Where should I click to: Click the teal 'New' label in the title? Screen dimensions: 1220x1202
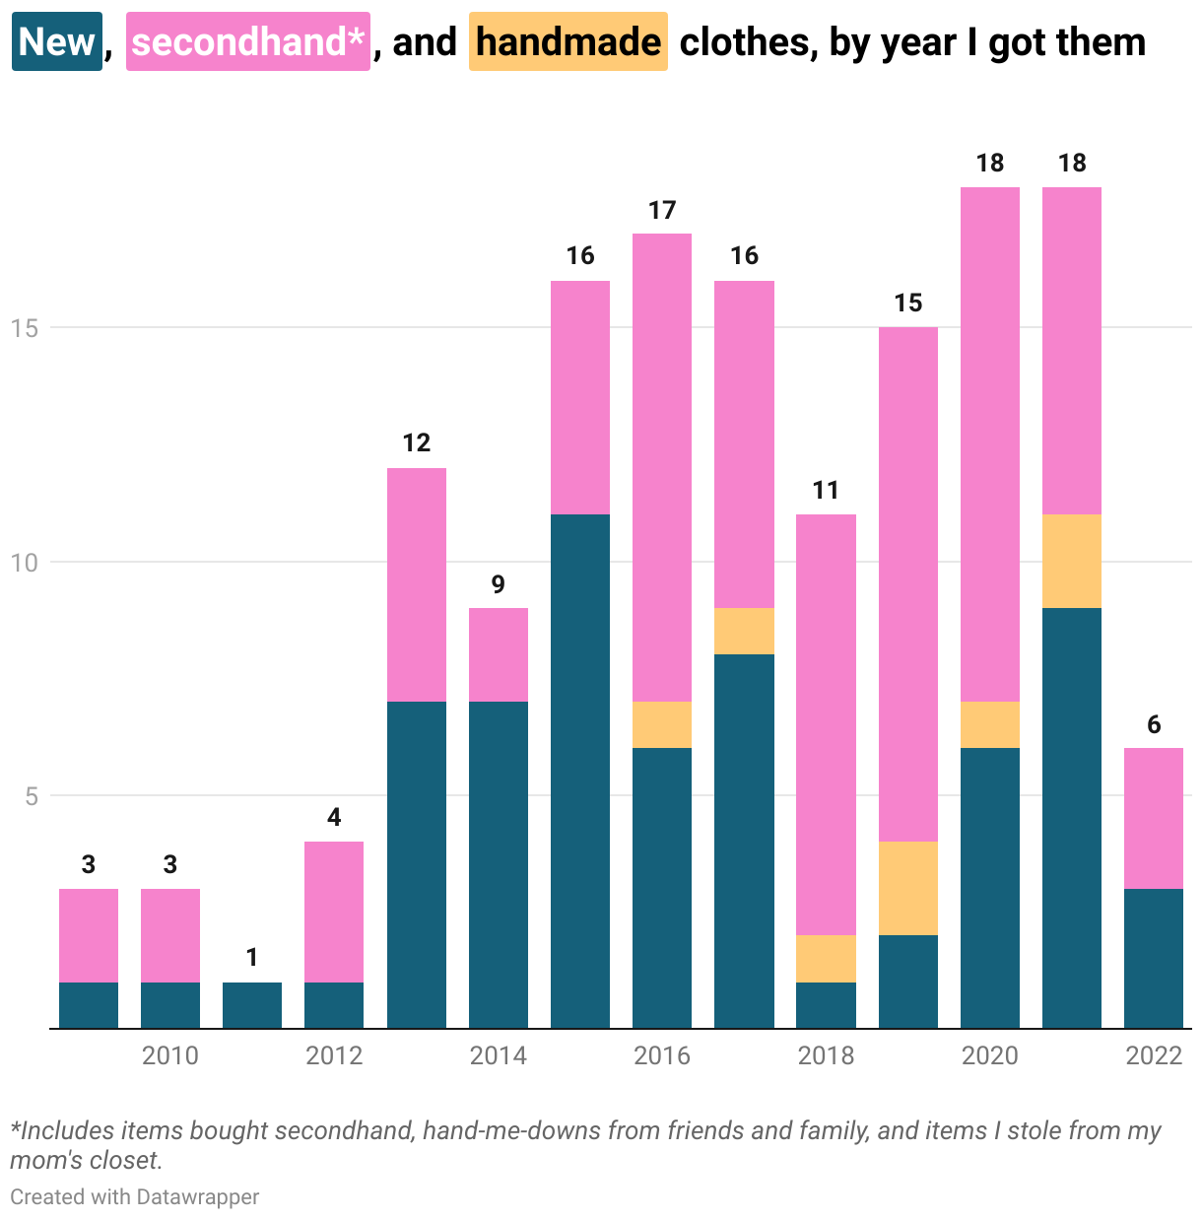tap(57, 42)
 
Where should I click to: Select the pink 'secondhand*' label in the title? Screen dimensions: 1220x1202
tap(247, 42)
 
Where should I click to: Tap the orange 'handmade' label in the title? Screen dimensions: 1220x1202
tap(568, 42)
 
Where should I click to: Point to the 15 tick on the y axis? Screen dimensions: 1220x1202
tap(24, 328)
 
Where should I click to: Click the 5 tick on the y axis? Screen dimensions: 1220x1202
tap(32, 796)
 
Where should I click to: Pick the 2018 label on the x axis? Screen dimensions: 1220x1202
tap(826, 1056)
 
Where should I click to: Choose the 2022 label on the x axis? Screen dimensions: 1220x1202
tap(1153, 1056)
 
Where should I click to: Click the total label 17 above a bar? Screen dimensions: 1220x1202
tap(662, 210)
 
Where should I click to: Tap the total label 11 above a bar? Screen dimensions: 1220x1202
tap(826, 491)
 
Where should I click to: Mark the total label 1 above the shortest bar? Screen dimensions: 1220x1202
tap(252, 957)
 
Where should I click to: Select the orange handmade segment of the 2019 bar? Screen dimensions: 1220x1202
tap(908, 888)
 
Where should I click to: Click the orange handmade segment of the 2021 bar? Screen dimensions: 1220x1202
tap(1072, 561)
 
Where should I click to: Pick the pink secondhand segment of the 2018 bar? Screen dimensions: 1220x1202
tap(826, 724)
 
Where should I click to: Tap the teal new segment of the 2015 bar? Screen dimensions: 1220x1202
tap(580, 771)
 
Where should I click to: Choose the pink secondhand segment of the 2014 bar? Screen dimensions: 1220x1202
tap(499, 654)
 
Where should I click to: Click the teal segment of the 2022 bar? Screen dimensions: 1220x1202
tap(1153, 958)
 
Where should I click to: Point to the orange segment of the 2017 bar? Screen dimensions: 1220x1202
tap(744, 631)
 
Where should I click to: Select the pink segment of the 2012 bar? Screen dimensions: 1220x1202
tap(334, 912)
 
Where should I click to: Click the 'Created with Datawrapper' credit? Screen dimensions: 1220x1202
tap(135, 1197)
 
